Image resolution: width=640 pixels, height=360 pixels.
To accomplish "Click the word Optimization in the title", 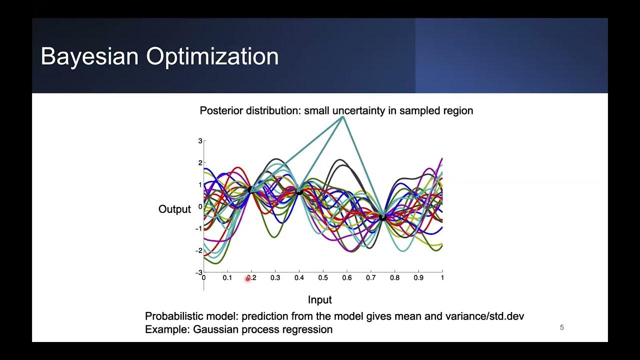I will click(x=212, y=56).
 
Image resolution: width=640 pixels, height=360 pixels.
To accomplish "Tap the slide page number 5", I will click(x=562, y=327).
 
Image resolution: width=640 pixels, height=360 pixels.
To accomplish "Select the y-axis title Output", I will click(x=174, y=209).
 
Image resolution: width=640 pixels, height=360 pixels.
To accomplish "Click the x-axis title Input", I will click(x=319, y=300).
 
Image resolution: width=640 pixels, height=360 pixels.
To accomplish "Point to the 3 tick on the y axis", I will click(x=200, y=141).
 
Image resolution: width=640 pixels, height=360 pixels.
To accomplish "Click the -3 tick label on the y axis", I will click(x=198, y=273).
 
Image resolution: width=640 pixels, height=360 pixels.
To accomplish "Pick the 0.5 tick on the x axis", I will click(x=323, y=277).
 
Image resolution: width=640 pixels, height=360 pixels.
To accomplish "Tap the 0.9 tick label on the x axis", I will click(x=418, y=277).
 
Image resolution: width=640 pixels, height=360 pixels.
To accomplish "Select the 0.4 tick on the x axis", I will click(x=299, y=277).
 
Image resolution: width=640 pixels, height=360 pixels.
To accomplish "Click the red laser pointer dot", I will click(x=247, y=279).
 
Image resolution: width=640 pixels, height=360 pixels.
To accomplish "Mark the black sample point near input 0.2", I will click(x=250, y=189).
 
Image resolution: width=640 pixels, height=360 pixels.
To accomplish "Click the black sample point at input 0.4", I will click(x=299, y=191).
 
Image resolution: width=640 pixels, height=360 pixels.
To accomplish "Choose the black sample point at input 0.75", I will click(x=382, y=217).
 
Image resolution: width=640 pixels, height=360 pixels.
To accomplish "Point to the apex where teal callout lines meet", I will click(x=342, y=117).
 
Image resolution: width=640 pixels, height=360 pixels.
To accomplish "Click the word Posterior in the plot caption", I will click(x=221, y=110).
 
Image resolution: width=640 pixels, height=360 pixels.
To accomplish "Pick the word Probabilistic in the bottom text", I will click(x=175, y=316).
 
